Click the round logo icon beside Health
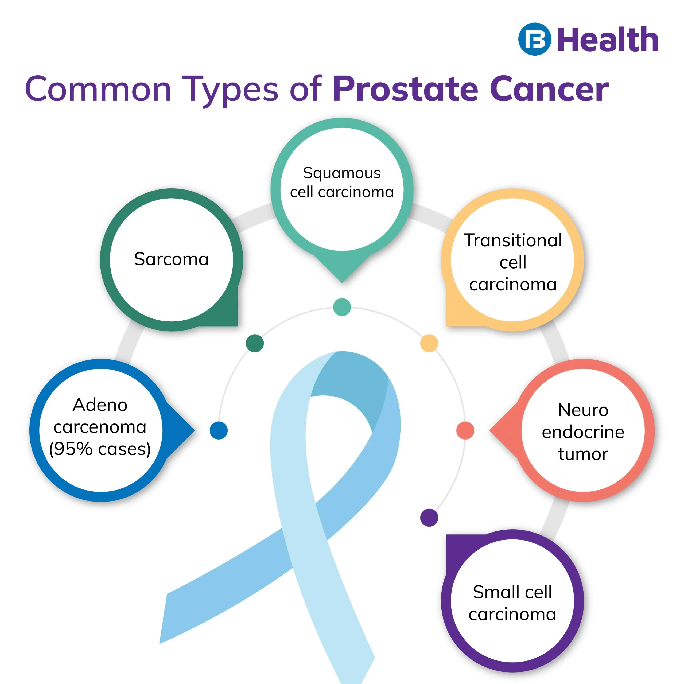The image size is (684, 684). [x=535, y=39]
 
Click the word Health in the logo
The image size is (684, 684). [x=608, y=39]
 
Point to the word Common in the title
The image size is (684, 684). [x=98, y=89]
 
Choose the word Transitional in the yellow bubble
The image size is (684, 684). [x=513, y=240]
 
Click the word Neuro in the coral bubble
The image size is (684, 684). [x=583, y=410]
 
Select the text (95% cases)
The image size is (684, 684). [x=100, y=449]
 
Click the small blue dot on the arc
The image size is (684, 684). [x=219, y=430]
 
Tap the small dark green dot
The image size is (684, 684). [x=255, y=343]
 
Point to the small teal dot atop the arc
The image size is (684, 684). [x=342, y=307]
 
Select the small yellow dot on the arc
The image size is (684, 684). [x=429, y=343]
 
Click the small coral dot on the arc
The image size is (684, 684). [x=465, y=430]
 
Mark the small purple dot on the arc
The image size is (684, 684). [x=429, y=518]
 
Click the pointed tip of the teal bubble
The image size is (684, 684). [x=342, y=282]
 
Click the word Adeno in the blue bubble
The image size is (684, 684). [x=100, y=405]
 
